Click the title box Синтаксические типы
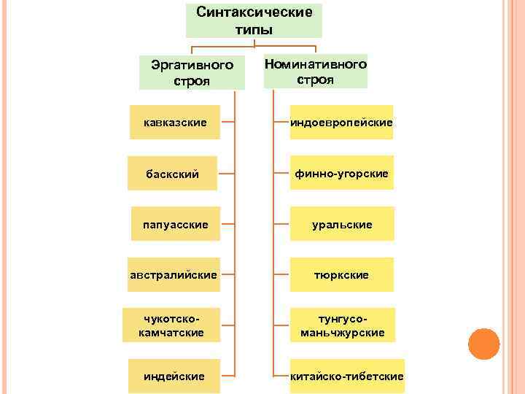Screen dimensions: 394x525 254,20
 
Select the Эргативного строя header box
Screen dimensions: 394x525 192,72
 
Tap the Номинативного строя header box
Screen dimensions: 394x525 315,71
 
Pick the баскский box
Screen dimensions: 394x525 172,174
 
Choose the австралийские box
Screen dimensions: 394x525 173,274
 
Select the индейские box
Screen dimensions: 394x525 174,376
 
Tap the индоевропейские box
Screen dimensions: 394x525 341,123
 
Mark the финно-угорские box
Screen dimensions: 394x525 341,173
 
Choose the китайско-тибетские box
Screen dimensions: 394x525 346,376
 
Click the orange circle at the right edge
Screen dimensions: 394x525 483,344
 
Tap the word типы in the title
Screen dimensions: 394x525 254,29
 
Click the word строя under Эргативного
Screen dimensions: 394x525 192,80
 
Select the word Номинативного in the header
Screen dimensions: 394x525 315,63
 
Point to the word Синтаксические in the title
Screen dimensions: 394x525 254,12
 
